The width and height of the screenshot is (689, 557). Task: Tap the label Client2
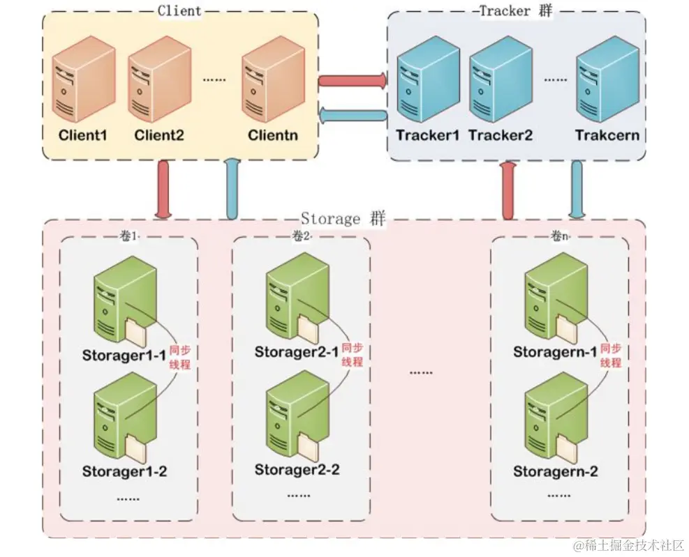tap(159, 135)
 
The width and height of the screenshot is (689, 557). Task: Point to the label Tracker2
tap(501, 135)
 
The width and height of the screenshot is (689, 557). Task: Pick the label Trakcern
tap(607, 135)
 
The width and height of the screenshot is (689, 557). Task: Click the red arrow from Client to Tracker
tap(353, 81)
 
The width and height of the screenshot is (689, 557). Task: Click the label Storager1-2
tap(124, 471)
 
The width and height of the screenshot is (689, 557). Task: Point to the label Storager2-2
tap(297, 469)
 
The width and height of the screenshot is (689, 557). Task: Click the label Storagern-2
tap(556, 471)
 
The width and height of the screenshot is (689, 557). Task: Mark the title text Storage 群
tap(342, 219)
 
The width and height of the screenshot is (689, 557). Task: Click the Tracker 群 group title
tap(515, 10)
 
